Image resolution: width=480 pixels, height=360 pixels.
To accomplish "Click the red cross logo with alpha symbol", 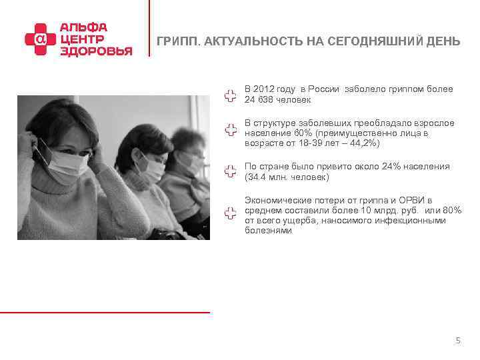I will pos(39,39).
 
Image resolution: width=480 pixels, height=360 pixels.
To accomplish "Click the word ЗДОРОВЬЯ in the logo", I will pos(96,51).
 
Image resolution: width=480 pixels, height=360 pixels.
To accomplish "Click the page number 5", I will pos(457,341).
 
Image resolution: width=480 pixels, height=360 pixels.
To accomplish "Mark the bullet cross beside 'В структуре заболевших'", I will pos(230,129).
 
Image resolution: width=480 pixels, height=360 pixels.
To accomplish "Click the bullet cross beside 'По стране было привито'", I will pos(230,171).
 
